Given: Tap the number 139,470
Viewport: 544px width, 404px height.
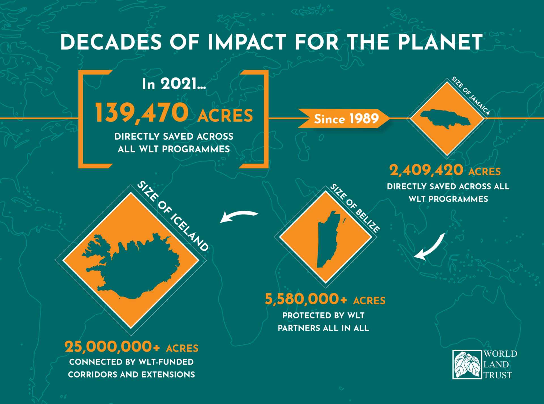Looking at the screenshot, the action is pos(142,113).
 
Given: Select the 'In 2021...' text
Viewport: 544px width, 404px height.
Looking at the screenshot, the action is pos(174,84).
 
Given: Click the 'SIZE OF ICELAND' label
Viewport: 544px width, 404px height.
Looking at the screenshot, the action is pos(173,216).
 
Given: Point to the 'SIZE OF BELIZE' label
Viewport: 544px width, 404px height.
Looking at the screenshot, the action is pos(355,208).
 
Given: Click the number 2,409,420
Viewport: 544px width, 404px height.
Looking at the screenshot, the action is pos(426,170).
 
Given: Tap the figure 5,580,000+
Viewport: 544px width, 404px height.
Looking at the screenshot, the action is pos(306,299).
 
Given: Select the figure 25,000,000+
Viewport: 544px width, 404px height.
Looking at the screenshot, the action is pos(112,347).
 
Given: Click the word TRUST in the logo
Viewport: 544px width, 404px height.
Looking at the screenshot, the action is pos(498,375).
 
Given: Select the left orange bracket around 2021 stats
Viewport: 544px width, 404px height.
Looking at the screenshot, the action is pos(95,119).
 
